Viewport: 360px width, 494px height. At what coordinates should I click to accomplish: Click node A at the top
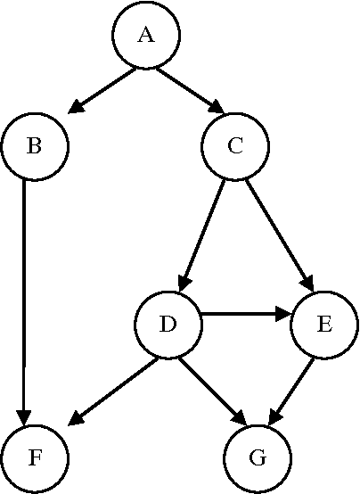pyautogui.click(x=146, y=35)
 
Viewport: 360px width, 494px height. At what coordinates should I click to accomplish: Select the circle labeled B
pyautogui.click(x=35, y=146)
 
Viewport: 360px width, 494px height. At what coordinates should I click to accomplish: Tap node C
pyautogui.click(x=235, y=146)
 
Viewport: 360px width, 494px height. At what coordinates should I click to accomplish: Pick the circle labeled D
pyautogui.click(x=168, y=325)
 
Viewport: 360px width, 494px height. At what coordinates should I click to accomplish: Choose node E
pyautogui.click(x=324, y=325)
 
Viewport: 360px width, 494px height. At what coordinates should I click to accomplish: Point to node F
pyautogui.click(x=35, y=458)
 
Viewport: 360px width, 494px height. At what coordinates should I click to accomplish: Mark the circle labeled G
pyautogui.click(x=258, y=458)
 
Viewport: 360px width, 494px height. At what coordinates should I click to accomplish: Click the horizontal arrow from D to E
pyautogui.click(x=241, y=315)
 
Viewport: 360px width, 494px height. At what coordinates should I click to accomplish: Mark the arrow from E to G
pyautogui.click(x=291, y=389)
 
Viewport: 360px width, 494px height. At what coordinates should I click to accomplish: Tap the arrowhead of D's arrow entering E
pyautogui.click(x=282, y=315)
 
